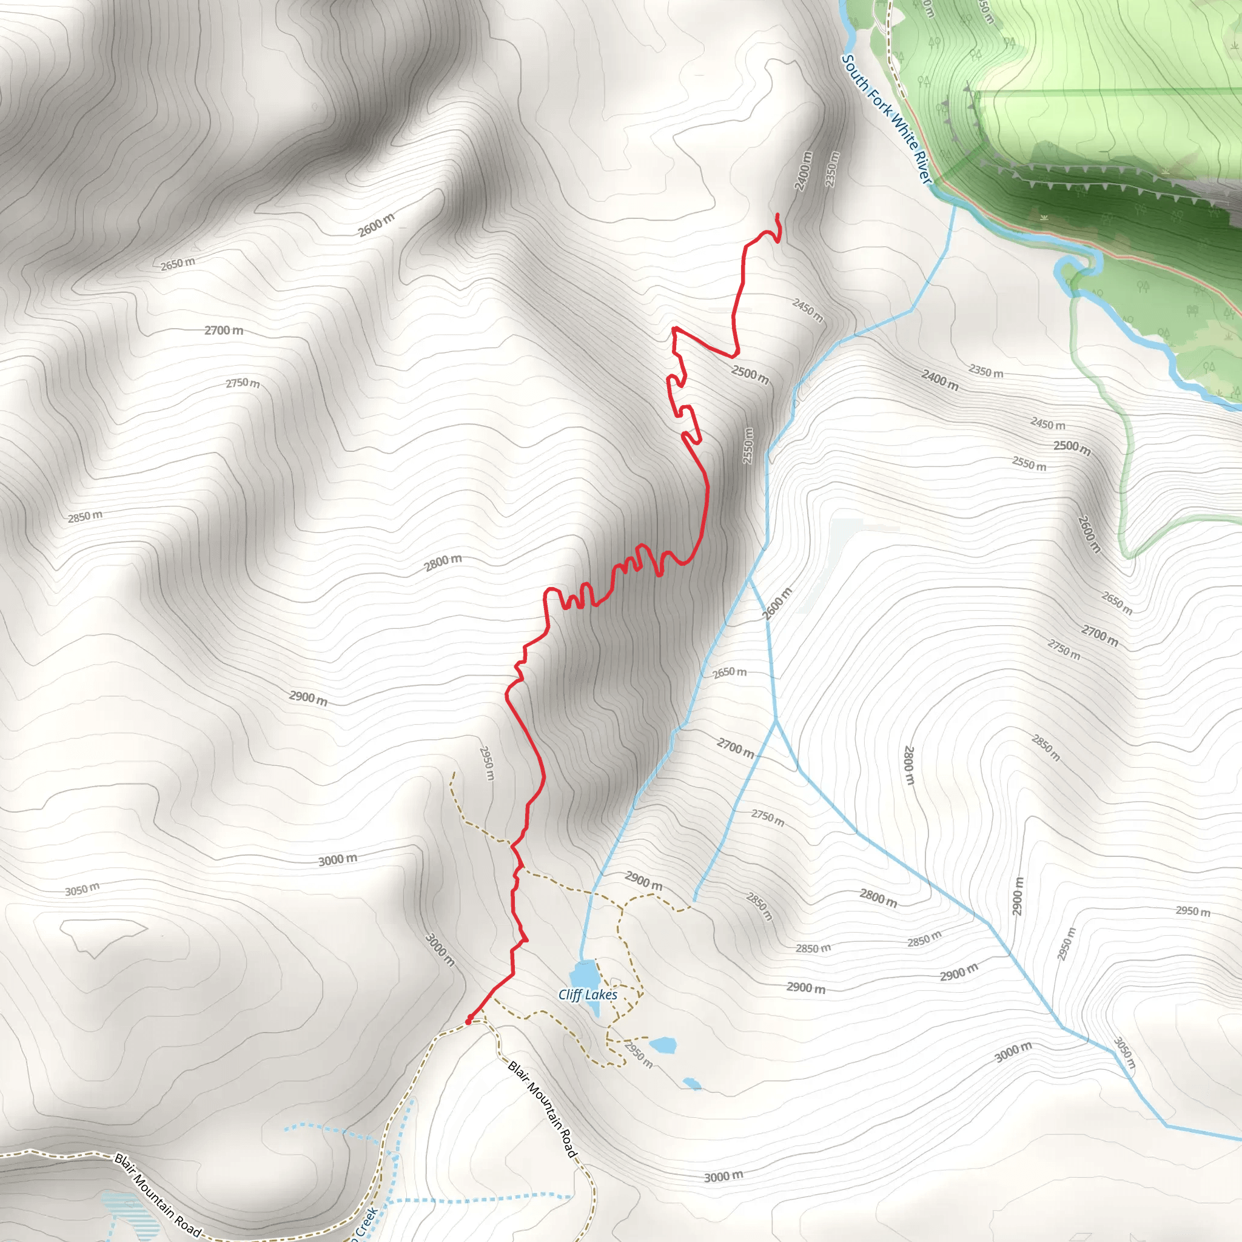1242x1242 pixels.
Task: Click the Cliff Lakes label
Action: pos(588,995)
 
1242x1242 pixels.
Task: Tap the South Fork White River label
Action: pos(887,119)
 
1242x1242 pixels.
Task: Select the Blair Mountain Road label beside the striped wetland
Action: pos(157,1195)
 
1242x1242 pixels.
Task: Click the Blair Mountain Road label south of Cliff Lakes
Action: pos(543,1109)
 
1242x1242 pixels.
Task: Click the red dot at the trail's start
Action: pos(469,1020)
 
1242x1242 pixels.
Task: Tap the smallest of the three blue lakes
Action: pos(692,1084)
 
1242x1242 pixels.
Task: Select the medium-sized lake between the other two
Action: pos(663,1045)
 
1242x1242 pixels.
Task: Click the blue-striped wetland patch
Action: pos(129,1215)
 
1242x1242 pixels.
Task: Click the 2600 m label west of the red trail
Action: pos(376,224)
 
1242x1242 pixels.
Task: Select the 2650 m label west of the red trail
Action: pos(178,264)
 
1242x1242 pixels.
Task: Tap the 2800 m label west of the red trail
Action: pos(443,563)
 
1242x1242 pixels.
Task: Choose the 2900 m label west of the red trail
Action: pos(308,697)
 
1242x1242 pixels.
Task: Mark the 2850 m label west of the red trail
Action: pos(85,516)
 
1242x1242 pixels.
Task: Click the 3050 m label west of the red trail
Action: pos(82,890)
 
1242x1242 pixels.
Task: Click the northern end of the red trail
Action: pos(778,215)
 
